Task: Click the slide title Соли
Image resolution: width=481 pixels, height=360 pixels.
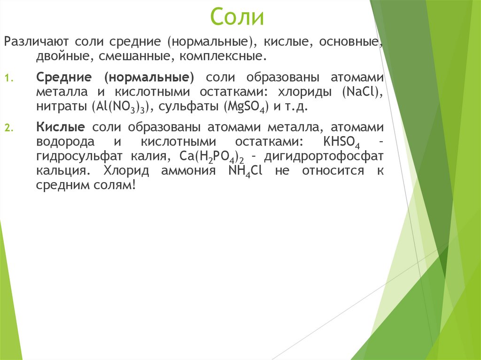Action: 237,17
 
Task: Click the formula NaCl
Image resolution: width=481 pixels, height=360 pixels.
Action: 362,92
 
